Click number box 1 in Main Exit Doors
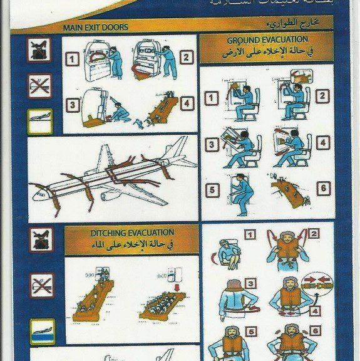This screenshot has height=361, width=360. coord(74,60)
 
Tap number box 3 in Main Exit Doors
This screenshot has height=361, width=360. coord(74,104)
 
